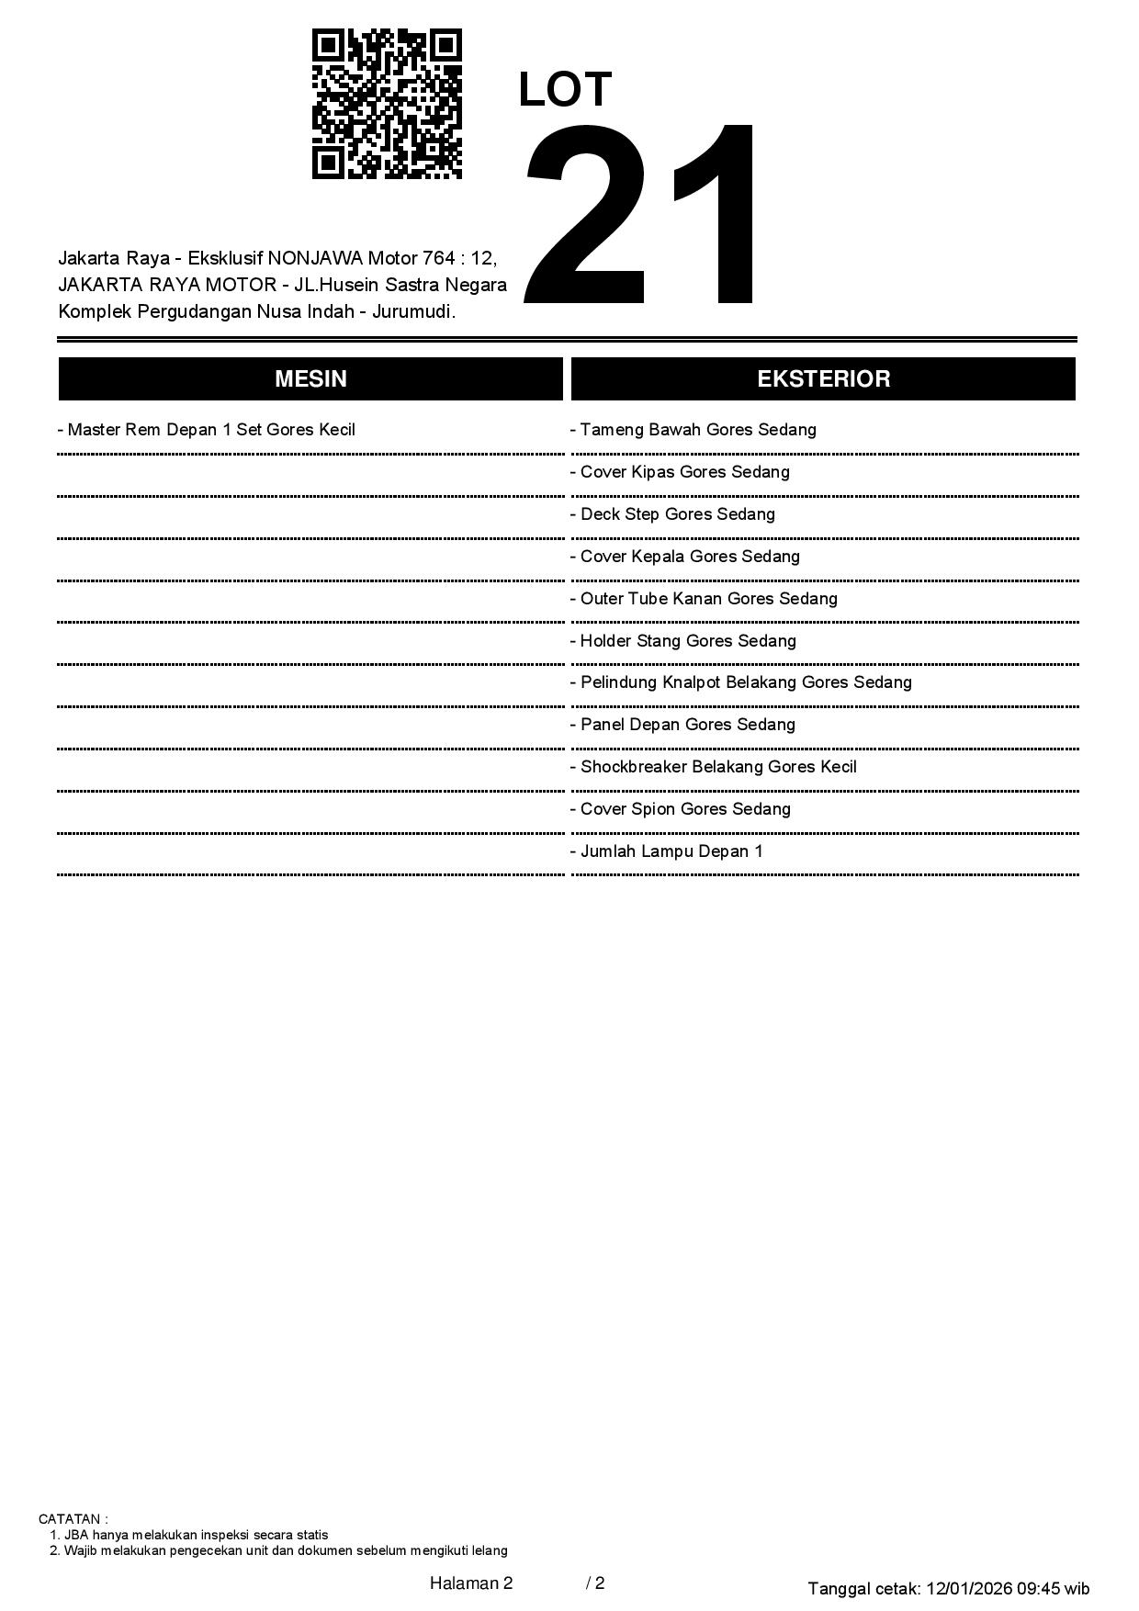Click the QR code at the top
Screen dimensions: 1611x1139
point(387,104)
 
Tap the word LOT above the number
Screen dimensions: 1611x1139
point(565,90)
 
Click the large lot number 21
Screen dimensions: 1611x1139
point(642,217)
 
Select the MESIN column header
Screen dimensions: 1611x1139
point(310,379)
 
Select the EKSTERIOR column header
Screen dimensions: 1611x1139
point(823,379)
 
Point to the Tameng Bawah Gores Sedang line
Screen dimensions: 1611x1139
point(694,430)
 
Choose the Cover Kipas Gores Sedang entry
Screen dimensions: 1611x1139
point(680,472)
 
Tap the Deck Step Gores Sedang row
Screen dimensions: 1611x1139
point(672,514)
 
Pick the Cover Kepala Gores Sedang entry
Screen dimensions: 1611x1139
point(685,557)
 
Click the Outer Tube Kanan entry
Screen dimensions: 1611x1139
point(704,599)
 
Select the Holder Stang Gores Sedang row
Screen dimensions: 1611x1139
point(683,641)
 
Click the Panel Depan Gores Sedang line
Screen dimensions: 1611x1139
point(682,725)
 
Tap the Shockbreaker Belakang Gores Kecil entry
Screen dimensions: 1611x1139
point(714,767)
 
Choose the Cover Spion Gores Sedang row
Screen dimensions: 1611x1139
point(681,809)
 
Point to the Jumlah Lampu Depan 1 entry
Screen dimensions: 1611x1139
point(667,851)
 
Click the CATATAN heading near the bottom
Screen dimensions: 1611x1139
point(73,1519)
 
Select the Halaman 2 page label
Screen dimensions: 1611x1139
point(471,1583)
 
